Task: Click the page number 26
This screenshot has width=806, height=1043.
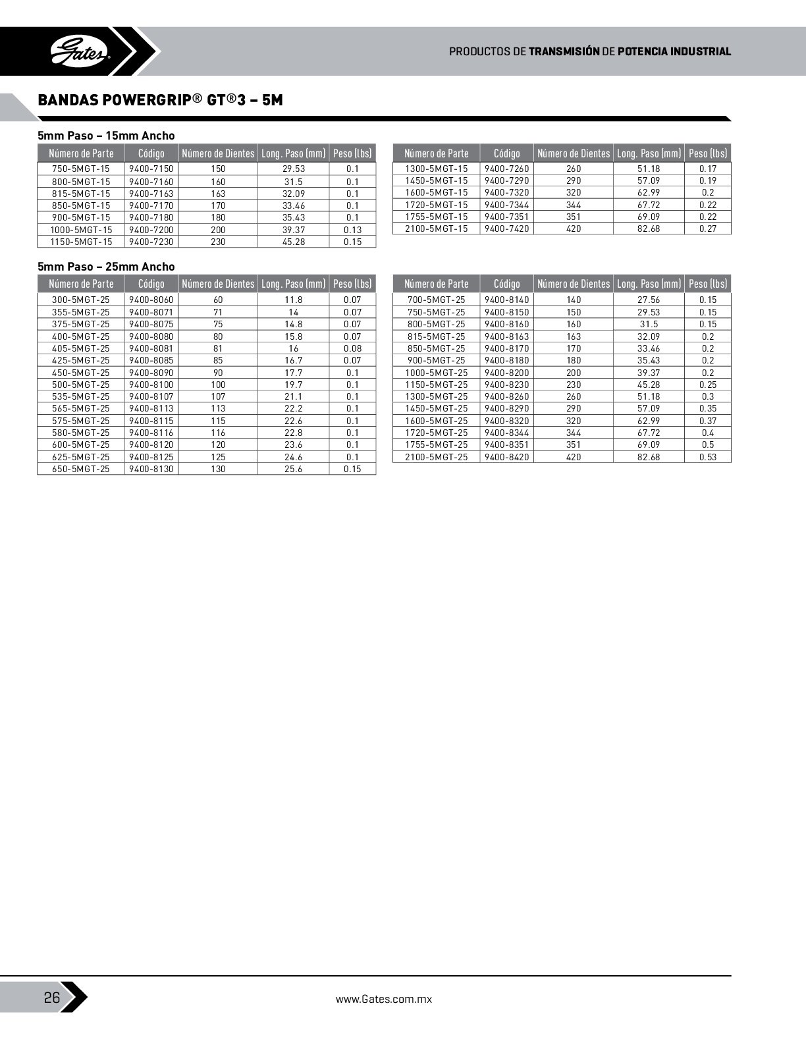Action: pyautogui.click(x=51, y=998)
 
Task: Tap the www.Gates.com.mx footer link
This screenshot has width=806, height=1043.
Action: pyautogui.click(x=383, y=999)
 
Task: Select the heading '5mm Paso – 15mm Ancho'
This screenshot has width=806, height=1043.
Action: pyautogui.click(x=106, y=136)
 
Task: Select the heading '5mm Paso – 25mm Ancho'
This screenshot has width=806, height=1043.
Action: pyautogui.click(x=106, y=267)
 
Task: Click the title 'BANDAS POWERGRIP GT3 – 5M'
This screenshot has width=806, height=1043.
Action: pyautogui.click(x=160, y=100)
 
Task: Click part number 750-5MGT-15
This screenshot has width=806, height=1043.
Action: pyautogui.click(x=81, y=169)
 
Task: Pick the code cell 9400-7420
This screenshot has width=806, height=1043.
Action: pyautogui.click(x=506, y=228)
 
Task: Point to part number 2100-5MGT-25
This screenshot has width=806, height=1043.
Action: pyautogui.click(x=436, y=457)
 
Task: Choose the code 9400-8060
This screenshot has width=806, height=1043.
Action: pyautogui.click(x=151, y=300)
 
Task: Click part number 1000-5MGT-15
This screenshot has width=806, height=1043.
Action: pyautogui.click(x=81, y=230)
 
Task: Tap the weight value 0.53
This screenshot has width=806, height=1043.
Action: pyautogui.click(x=708, y=457)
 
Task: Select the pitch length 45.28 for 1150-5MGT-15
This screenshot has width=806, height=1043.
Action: pyautogui.click(x=293, y=242)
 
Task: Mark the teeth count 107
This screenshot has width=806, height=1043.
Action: pyautogui.click(x=218, y=396)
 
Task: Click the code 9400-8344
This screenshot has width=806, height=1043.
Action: pyautogui.click(x=506, y=433)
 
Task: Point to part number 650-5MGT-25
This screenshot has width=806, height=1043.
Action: pyautogui.click(x=81, y=469)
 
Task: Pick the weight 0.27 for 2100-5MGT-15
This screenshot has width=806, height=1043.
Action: pyautogui.click(x=708, y=228)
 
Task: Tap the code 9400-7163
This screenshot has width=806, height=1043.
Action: pyautogui.click(x=151, y=194)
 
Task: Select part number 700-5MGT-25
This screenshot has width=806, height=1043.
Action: pyautogui.click(x=436, y=300)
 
